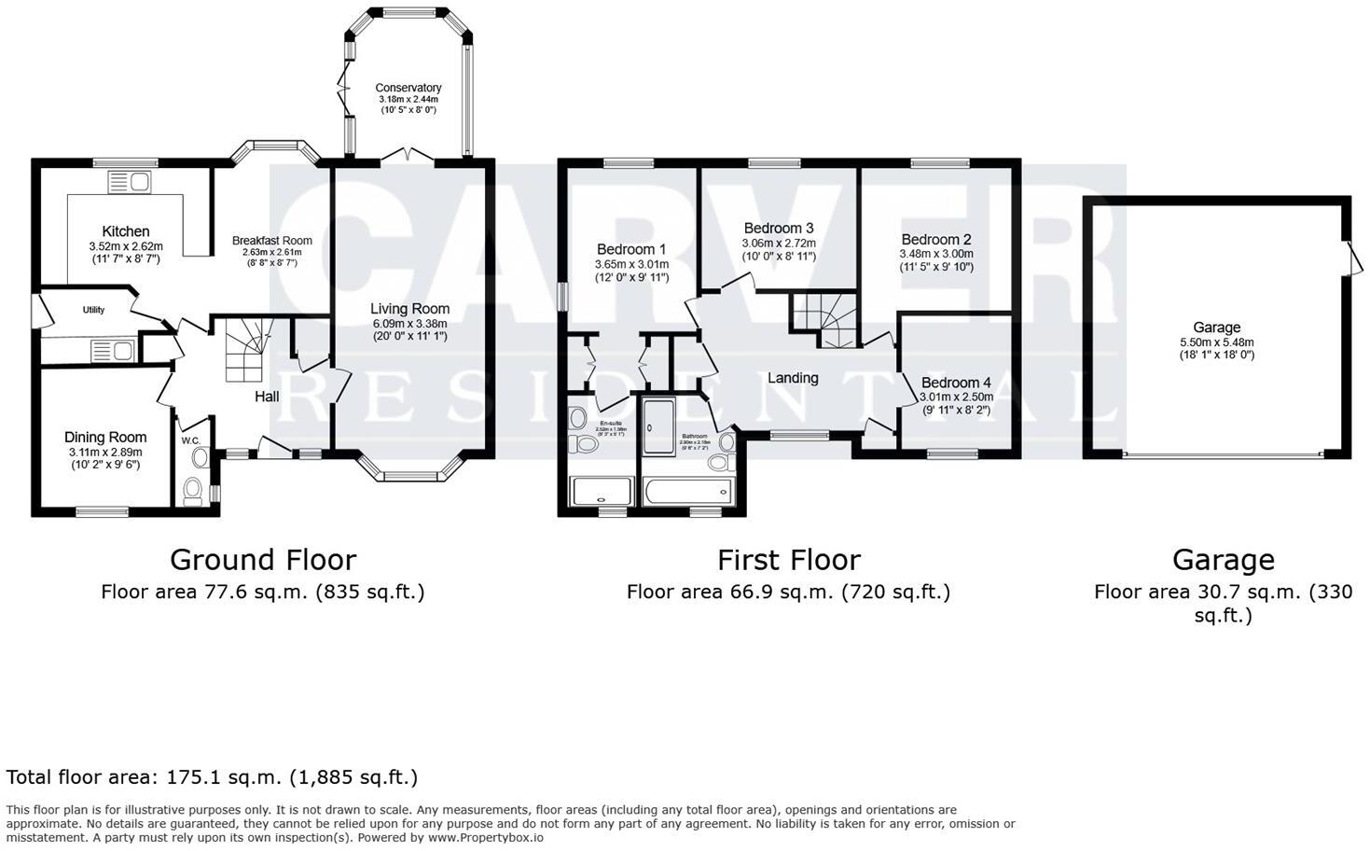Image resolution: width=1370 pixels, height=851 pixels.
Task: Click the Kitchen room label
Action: coord(126,231)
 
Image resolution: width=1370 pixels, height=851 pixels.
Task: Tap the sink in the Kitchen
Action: coord(129,181)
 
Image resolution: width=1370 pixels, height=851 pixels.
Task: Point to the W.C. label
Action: coord(191,440)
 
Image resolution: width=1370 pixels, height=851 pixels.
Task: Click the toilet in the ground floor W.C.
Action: coord(193,491)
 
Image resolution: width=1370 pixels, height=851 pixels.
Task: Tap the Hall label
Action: coord(267,397)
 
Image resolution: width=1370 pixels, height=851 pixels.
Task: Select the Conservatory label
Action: coord(408,88)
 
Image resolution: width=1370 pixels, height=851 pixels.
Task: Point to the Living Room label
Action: coord(409,309)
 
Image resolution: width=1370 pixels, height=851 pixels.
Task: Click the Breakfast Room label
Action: coord(271,241)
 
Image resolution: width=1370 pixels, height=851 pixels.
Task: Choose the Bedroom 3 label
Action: coord(779,229)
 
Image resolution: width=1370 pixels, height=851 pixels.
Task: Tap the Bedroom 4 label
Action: coord(956,383)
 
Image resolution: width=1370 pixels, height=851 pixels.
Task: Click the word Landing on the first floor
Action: coord(793,378)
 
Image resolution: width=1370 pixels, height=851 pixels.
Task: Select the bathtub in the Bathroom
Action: coord(687,491)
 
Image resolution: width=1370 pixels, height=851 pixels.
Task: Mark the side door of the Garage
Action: coord(1349,256)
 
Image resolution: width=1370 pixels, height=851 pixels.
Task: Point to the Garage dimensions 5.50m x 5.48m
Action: coord(1216,342)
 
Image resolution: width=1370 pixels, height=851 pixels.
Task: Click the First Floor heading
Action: coord(788,560)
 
